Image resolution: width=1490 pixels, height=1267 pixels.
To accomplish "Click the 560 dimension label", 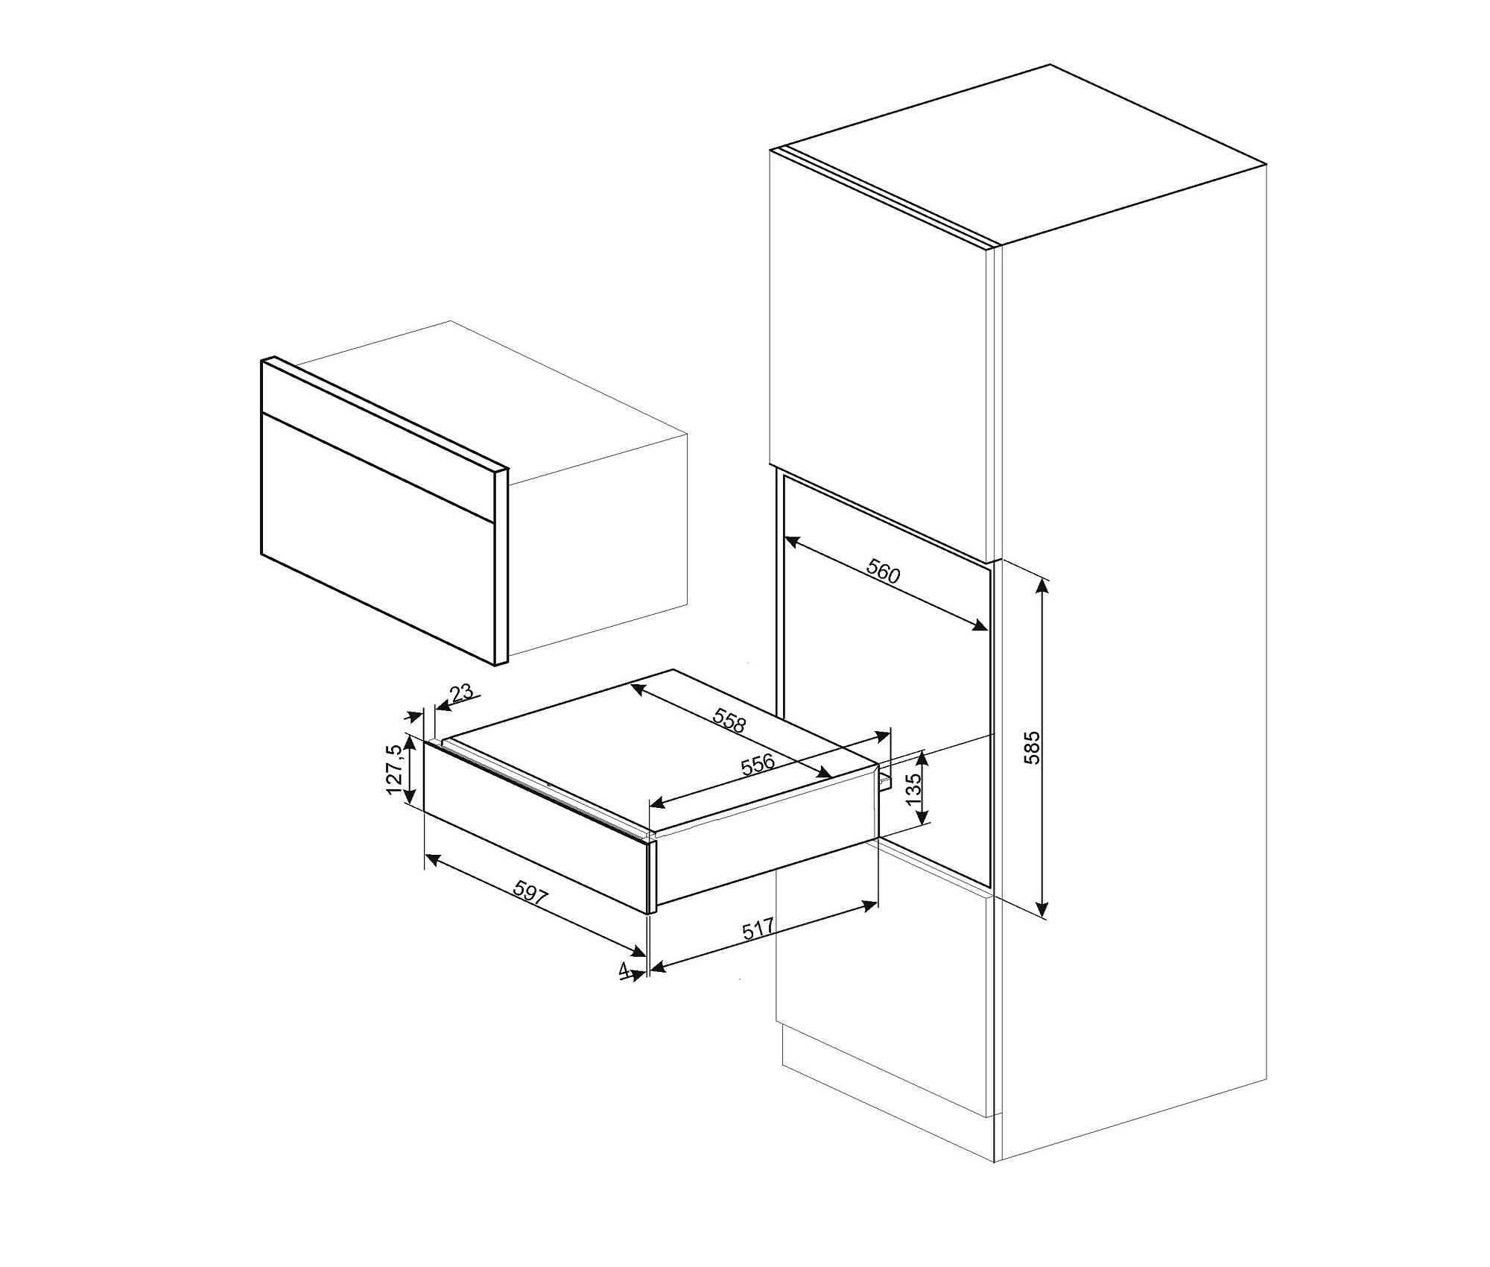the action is pos(884,573).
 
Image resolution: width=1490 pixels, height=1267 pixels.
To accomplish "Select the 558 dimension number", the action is pos(729,720).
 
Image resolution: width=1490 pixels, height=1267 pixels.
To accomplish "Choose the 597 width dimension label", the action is pos(530,893).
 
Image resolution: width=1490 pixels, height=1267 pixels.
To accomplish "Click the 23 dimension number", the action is pos(461,693).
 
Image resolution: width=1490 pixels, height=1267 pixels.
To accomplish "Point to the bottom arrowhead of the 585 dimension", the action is pos(1043,910).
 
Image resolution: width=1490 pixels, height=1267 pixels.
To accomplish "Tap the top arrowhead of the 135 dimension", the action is pos(923,759).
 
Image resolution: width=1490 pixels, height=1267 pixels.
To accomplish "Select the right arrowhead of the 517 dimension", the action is pos(869,906).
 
